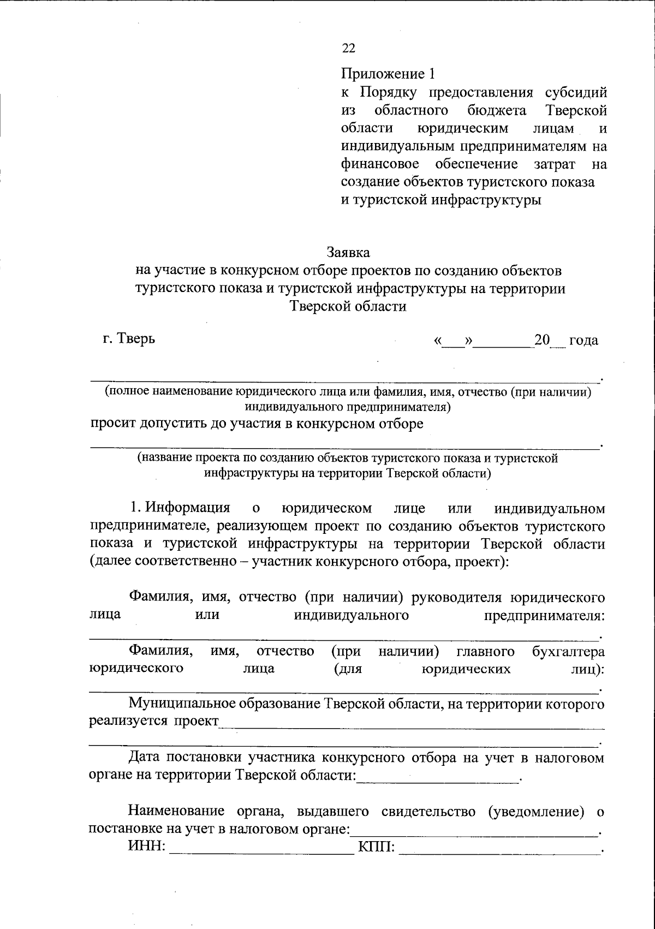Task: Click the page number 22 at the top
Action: tap(349, 49)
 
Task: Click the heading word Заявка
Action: tap(348, 252)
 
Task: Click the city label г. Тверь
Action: tap(129, 338)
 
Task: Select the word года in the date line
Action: tap(583, 341)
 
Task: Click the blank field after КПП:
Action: tap(499, 848)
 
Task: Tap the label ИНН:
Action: tap(147, 847)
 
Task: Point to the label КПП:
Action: tap(377, 847)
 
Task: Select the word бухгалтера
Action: tap(568, 651)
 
